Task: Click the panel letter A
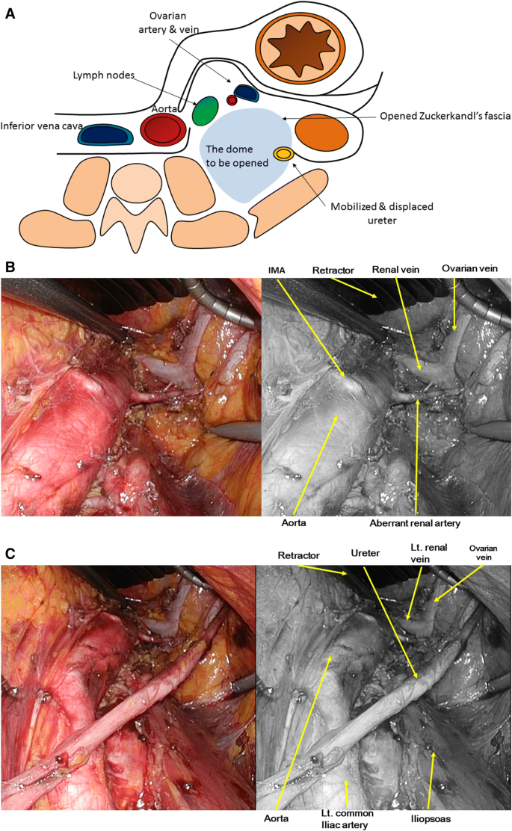10,13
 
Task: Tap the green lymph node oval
205,111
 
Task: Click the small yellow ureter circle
283,154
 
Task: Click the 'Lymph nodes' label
104,75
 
